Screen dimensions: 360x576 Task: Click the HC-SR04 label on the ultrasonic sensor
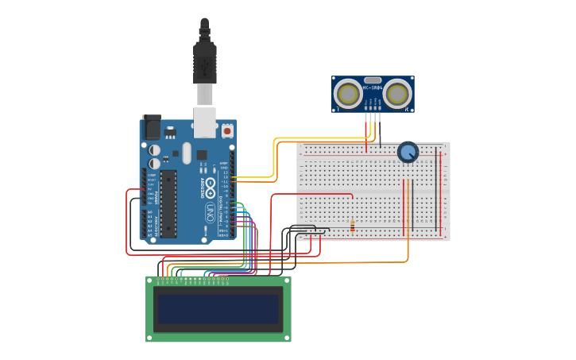(373, 87)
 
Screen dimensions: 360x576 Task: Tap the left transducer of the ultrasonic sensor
(348, 94)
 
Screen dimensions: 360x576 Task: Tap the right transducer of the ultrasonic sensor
(396, 94)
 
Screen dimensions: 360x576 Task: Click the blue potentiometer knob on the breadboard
(408, 152)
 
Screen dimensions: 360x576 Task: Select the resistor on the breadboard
(352, 227)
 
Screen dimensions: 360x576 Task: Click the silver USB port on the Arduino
(204, 120)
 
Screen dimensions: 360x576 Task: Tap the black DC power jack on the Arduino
(151, 127)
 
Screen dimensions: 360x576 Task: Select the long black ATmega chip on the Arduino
(168, 203)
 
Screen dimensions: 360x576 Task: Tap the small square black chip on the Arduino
(202, 155)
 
